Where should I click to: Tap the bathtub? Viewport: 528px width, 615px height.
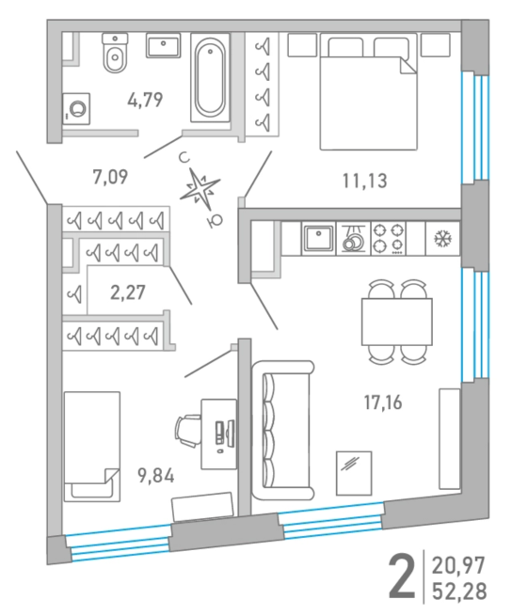pos(210,78)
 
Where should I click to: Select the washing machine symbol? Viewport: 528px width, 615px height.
pos(76,109)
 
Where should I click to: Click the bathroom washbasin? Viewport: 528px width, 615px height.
pos(164,45)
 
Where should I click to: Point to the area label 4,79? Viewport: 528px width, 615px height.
pos(145,100)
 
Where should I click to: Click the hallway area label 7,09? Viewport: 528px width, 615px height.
pos(110,177)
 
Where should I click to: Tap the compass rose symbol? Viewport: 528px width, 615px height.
pos(200,189)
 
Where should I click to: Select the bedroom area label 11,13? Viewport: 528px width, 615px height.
pos(364,181)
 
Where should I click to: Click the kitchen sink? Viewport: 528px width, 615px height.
pos(318,239)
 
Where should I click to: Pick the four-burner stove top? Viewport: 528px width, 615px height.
pos(389,239)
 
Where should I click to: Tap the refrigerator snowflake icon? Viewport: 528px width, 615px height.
pos(442,239)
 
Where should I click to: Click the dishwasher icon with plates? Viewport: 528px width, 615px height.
pos(353,239)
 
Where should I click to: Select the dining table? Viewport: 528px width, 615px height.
pos(397,322)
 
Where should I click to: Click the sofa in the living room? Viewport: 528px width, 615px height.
pos(282,431)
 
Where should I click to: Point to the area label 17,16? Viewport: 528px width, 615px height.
pos(383,402)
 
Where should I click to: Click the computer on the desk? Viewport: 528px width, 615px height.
pos(225,434)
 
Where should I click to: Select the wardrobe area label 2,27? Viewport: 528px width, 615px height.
pos(128,292)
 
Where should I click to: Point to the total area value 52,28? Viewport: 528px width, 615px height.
pos(459,591)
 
